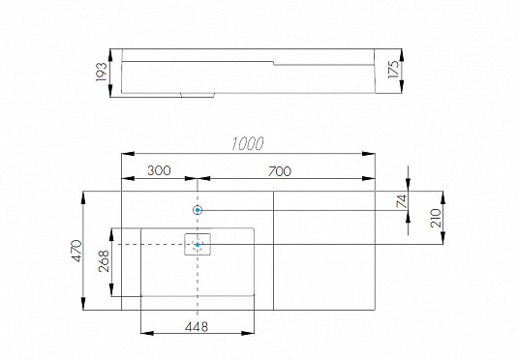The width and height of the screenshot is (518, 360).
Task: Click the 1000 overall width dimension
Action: [248, 143]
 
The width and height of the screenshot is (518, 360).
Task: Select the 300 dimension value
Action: [159, 170]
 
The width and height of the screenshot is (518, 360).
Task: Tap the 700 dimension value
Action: [278, 170]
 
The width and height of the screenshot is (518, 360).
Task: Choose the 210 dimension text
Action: [436, 217]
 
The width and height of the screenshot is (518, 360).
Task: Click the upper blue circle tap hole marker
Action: [198, 210]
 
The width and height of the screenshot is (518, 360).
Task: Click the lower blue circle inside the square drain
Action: [198, 245]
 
